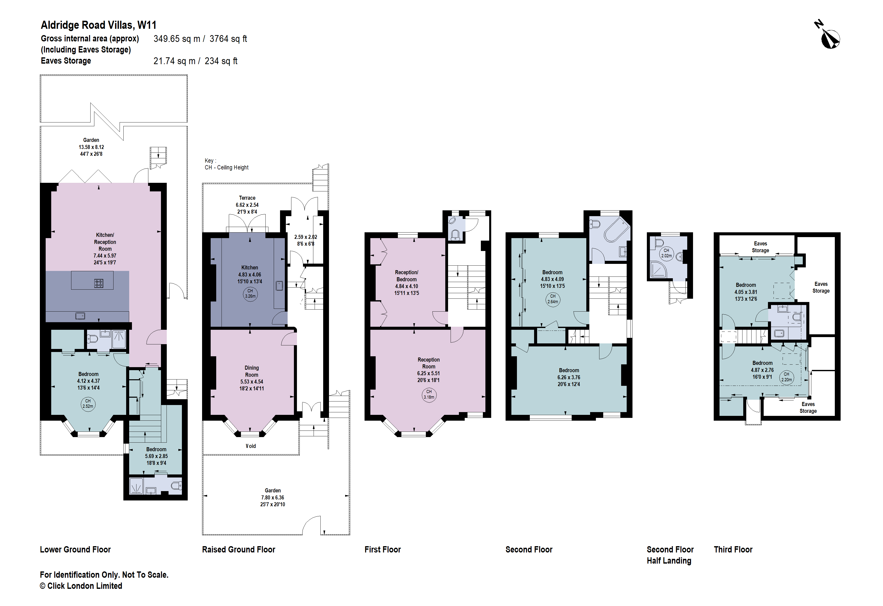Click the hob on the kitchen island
tap(98, 283)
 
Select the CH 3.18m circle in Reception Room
tap(429, 395)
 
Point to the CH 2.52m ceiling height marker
tap(88, 404)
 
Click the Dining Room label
tap(252, 371)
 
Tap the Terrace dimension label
tap(247, 205)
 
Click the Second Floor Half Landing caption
tap(670, 555)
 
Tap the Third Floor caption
tap(733, 550)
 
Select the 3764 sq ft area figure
tap(228, 39)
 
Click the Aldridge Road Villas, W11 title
tap(98, 25)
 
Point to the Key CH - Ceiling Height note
tap(227, 164)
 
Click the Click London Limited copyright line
tap(81, 586)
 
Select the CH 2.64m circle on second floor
tap(553, 299)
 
